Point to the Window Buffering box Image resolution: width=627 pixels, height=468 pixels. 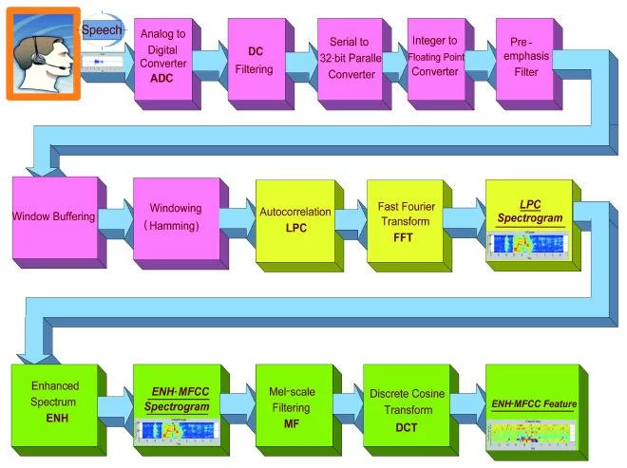click(53, 217)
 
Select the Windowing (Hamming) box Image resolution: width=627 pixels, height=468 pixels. click(168, 219)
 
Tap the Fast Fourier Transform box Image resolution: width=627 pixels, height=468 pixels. click(400, 221)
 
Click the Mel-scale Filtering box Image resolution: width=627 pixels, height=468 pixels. click(291, 402)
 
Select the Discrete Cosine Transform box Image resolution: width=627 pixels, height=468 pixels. click(400, 404)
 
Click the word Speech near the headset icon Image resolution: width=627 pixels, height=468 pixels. click(101, 31)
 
